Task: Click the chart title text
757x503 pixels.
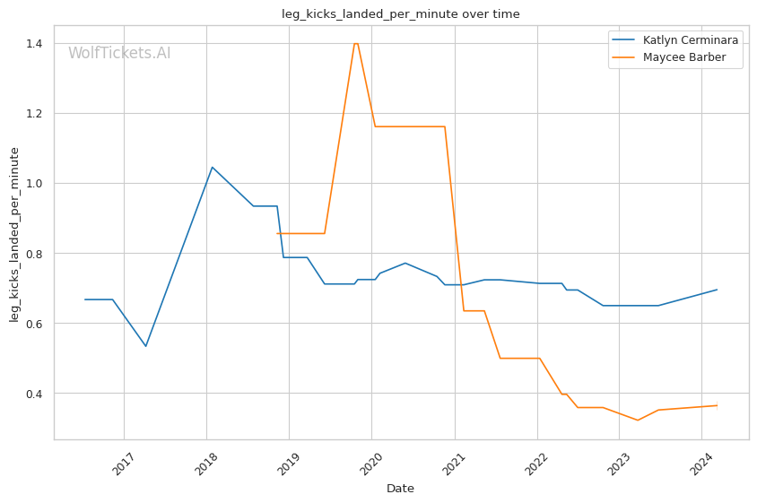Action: pos(400,14)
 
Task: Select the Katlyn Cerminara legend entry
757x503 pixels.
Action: pos(691,40)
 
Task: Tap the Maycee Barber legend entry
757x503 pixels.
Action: pos(684,58)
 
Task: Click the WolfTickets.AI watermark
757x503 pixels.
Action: pos(119,54)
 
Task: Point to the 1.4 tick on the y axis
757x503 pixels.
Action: pos(36,43)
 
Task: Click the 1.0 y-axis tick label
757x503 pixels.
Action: pos(36,183)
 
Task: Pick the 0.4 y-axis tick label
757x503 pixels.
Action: pos(36,394)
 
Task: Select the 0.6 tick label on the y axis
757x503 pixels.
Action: pos(36,324)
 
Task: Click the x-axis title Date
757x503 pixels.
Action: pos(400,489)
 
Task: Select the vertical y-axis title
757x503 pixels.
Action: pos(15,234)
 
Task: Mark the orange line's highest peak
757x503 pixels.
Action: pos(356,43)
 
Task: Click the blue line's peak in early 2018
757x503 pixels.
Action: pos(212,167)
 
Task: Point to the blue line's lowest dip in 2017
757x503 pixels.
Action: pos(145,346)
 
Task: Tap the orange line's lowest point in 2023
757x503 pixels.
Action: pos(638,420)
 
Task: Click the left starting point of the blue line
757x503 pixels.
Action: pos(85,299)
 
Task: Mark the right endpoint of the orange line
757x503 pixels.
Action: pos(717,405)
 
